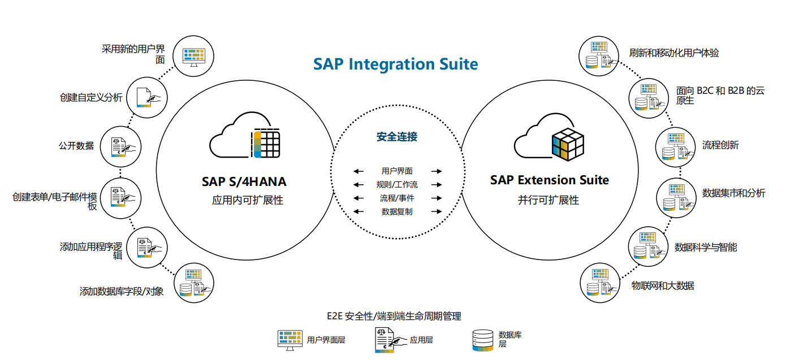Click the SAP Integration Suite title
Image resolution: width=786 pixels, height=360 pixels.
click(395, 64)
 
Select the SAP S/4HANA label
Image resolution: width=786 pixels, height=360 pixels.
click(244, 181)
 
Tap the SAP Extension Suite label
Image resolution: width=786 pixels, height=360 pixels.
click(549, 180)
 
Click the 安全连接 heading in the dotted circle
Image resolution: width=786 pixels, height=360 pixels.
click(397, 137)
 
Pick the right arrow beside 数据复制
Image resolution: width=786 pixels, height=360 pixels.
click(436, 212)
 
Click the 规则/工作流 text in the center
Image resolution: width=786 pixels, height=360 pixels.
click(397, 185)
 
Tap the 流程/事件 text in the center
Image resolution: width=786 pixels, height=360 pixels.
click(397, 198)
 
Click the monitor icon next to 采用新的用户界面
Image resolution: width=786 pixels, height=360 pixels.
click(193, 55)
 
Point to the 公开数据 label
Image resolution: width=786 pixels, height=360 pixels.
click(76, 145)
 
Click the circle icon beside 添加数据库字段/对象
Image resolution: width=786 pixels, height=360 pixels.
click(193, 283)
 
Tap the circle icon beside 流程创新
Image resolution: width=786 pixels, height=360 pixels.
click(675, 146)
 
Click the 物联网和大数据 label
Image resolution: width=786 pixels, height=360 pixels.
click(663, 285)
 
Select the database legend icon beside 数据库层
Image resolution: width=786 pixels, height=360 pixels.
click(480, 340)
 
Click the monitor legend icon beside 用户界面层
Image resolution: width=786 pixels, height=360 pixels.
click(290, 340)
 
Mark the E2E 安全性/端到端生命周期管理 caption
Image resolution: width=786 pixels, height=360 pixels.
click(394, 316)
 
